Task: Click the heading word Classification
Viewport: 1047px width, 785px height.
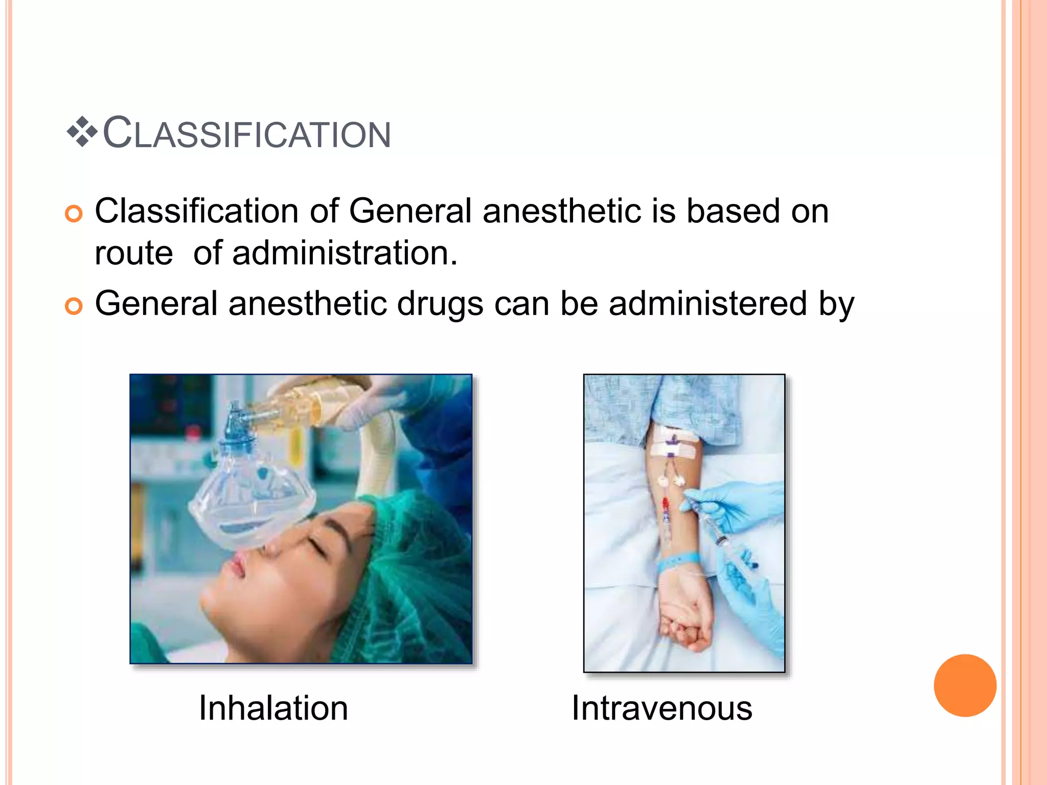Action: pos(247,133)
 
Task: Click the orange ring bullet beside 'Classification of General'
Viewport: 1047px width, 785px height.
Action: pos(74,214)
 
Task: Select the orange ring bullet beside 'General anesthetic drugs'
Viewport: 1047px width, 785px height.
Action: pos(74,306)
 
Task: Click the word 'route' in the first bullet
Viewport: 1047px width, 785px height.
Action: pos(134,253)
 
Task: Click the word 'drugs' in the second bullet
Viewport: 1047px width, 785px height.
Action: pos(440,304)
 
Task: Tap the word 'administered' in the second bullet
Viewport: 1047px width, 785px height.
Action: pos(708,304)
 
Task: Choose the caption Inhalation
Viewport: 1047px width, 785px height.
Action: pos(274,708)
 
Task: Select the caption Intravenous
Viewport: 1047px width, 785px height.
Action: pos(662,708)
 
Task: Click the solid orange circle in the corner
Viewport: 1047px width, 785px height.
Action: pos(965,685)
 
